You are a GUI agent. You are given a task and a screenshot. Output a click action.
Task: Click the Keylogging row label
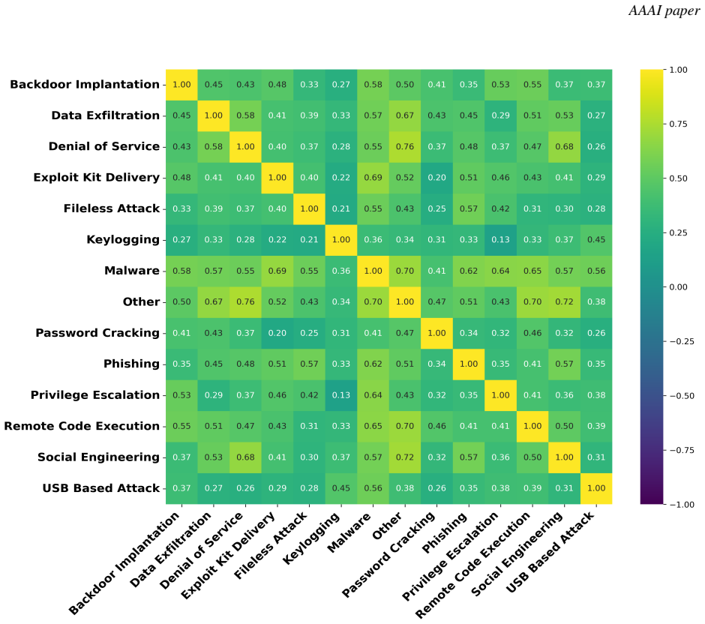123,239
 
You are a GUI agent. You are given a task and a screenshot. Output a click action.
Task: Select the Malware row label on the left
132,271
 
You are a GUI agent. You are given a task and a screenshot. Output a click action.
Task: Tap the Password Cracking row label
97,333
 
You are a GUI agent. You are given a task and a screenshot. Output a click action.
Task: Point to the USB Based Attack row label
100,488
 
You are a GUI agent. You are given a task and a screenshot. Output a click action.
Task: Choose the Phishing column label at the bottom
445,532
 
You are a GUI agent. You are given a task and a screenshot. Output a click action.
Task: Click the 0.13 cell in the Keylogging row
500,240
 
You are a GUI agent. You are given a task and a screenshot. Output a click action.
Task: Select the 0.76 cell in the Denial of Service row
405,146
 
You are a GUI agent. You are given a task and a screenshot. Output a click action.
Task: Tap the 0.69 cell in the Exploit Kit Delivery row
373,178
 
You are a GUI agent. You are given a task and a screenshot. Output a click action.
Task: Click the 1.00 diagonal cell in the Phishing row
469,364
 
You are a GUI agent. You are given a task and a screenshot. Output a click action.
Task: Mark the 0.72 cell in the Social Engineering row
405,457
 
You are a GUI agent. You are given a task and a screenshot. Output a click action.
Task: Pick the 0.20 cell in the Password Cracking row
277,333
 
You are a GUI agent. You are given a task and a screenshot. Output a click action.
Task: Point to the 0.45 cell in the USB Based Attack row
340,488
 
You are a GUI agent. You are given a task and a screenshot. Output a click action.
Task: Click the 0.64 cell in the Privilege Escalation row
373,395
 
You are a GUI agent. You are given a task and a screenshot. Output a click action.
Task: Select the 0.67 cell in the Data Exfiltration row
405,115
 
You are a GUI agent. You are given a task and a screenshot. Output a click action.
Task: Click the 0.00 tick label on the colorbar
679,286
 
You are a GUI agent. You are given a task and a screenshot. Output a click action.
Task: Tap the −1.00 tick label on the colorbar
682,505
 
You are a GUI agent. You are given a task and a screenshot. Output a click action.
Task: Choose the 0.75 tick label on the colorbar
679,124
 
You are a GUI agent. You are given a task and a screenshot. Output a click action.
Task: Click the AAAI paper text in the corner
664,10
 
